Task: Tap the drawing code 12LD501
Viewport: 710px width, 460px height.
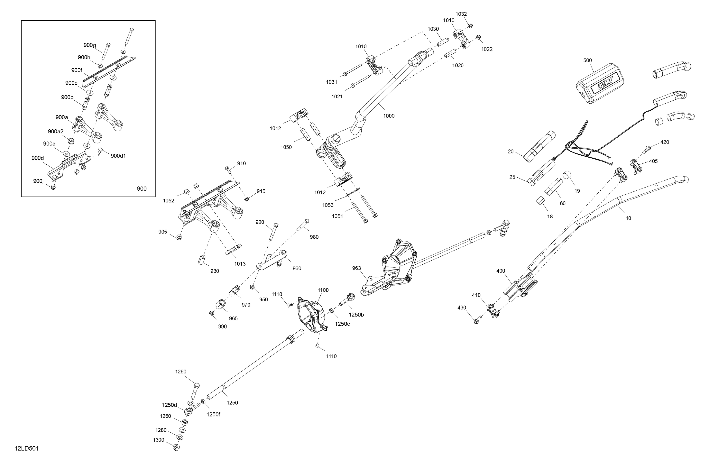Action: click(x=27, y=449)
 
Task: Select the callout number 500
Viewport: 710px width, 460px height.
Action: click(x=587, y=61)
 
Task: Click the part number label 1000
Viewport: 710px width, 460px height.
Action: click(x=389, y=116)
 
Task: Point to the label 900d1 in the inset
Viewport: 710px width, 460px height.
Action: click(x=118, y=156)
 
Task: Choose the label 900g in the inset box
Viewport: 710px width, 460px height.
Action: click(x=89, y=45)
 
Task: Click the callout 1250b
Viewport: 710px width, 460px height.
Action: click(x=356, y=315)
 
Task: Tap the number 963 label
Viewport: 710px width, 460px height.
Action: click(x=356, y=268)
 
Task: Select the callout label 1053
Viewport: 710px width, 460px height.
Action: click(x=328, y=205)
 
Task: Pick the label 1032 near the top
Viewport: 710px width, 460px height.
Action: click(x=461, y=14)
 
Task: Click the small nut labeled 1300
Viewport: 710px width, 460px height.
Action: click(x=177, y=447)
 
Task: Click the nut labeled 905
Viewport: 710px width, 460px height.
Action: click(x=179, y=237)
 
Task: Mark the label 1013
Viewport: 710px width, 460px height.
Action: click(x=240, y=264)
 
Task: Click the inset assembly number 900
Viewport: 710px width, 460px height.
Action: click(x=142, y=189)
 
